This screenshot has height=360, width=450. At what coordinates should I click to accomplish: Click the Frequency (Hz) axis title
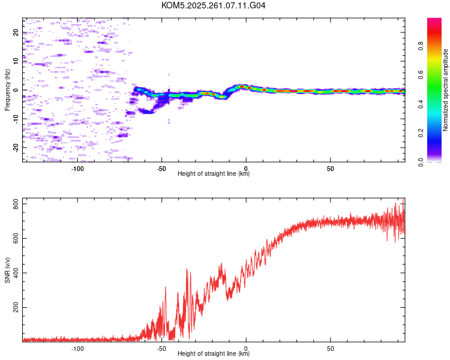7,90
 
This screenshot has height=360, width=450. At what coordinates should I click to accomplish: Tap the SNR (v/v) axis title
7,270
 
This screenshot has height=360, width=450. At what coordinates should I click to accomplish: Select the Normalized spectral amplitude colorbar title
446,90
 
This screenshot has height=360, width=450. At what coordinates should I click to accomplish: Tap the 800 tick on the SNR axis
16,205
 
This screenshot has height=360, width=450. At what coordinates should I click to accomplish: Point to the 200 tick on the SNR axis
16,308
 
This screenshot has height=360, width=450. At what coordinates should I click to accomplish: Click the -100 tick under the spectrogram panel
77,169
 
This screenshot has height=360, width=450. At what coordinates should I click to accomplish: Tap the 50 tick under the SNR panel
331,348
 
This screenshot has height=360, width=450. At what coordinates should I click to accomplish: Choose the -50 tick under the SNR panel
161,348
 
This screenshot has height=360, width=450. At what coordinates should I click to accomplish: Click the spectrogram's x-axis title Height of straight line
214,174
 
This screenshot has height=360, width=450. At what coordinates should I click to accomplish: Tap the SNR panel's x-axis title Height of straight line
214,354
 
